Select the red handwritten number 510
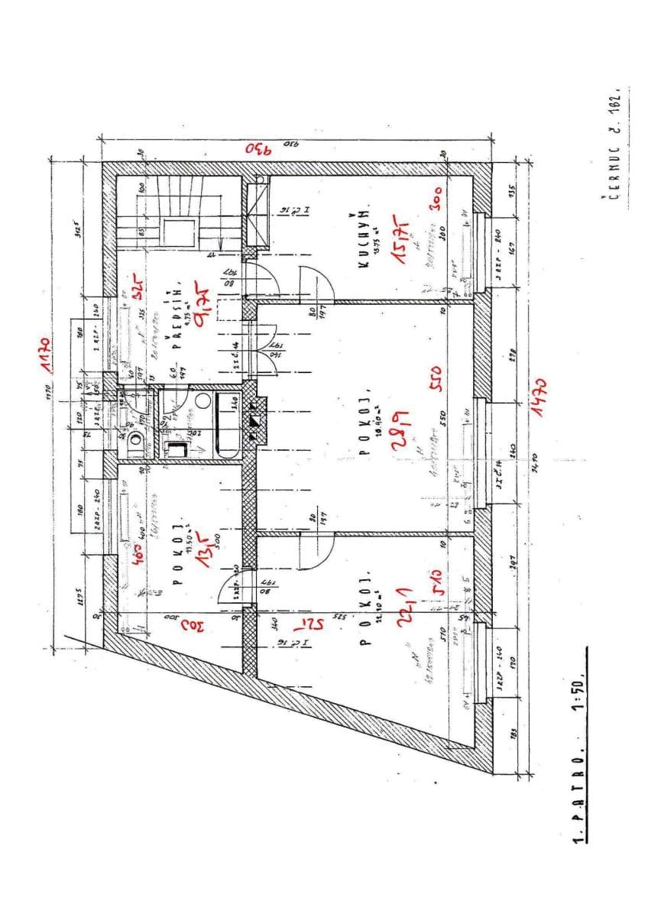(439, 578)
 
